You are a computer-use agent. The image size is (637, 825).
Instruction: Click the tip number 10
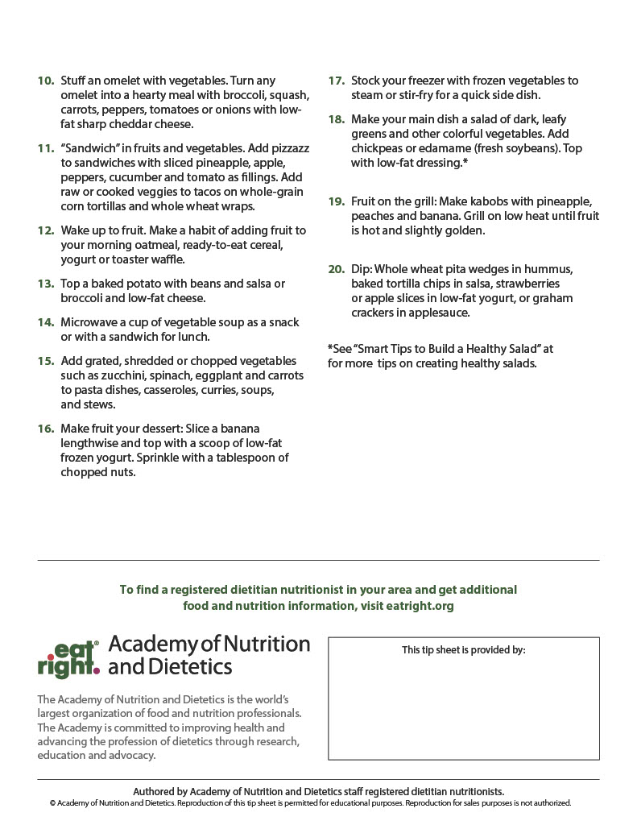(x=46, y=81)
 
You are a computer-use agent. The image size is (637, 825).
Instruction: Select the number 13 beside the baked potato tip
(x=46, y=284)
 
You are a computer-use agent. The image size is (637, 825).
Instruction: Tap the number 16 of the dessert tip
(x=46, y=429)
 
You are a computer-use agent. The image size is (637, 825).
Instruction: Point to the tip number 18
(x=337, y=119)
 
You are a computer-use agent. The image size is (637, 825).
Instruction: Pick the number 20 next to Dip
(x=337, y=269)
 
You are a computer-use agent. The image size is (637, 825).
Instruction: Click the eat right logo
(x=68, y=658)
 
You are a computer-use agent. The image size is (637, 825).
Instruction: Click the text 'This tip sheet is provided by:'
(x=464, y=650)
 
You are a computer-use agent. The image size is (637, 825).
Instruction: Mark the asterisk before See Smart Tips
(x=330, y=349)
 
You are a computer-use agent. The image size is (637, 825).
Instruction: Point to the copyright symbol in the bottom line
(x=52, y=803)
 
